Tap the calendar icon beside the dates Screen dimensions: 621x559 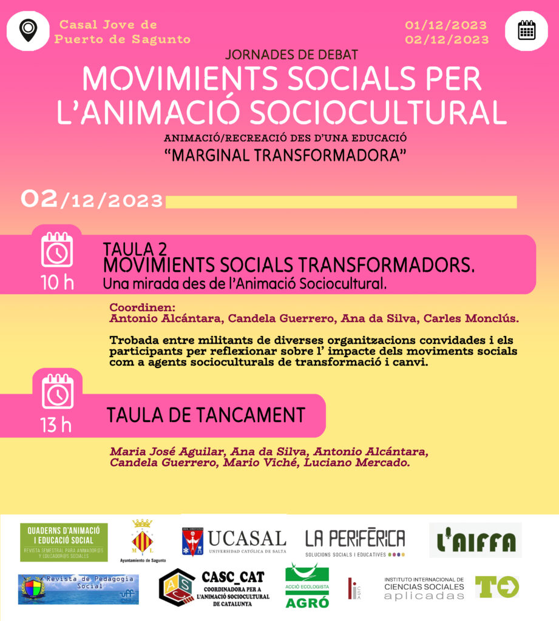pyautogui.click(x=526, y=30)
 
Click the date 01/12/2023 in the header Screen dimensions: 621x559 pyautogui.click(x=446, y=25)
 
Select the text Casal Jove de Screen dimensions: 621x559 pyautogui.click(x=108, y=25)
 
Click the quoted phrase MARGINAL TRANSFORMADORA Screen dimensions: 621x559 pyautogui.click(x=285, y=155)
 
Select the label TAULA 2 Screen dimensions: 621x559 pyautogui.click(x=135, y=249)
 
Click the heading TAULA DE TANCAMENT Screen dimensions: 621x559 pyautogui.click(x=206, y=415)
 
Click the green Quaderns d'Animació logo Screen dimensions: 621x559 pyautogui.click(x=64, y=542)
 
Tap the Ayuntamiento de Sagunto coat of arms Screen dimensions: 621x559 pyautogui.click(x=142, y=538)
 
